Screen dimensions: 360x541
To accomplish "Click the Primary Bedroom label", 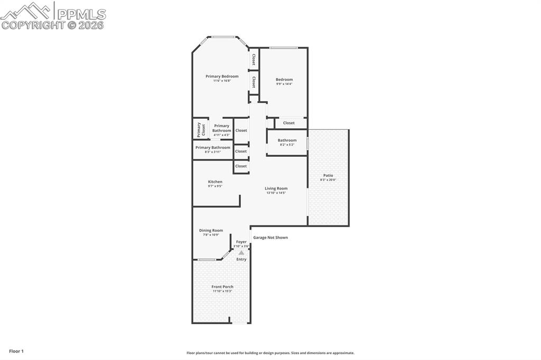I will point(222,77).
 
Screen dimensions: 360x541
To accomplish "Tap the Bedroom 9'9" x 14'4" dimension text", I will point(284,84).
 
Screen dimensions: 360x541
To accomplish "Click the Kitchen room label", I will point(215,182).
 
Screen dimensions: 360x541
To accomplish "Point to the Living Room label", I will point(276,188).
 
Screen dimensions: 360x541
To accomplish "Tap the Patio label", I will point(328,175).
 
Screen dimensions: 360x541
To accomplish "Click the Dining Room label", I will point(211,230).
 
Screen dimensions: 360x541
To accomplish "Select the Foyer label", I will point(241,242).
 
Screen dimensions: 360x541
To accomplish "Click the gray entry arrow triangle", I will point(241,253).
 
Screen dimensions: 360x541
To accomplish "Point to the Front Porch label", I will point(222,287).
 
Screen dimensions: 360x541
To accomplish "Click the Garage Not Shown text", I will point(270,238).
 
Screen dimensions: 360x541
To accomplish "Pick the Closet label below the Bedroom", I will point(288,123).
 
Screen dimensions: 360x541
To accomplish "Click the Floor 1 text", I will point(16,351).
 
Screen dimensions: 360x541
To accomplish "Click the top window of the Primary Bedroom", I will point(224,37).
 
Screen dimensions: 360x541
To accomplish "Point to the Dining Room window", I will point(207,259).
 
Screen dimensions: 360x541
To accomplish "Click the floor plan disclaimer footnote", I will point(270,353).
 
